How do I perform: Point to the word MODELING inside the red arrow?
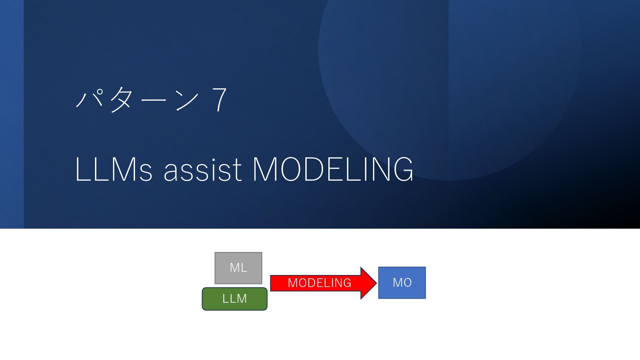(319, 283)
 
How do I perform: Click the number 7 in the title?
(219, 99)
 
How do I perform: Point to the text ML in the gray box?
(238, 267)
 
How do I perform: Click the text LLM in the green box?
(235, 298)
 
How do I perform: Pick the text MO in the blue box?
(402, 283)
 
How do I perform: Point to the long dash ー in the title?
(153, 100)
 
